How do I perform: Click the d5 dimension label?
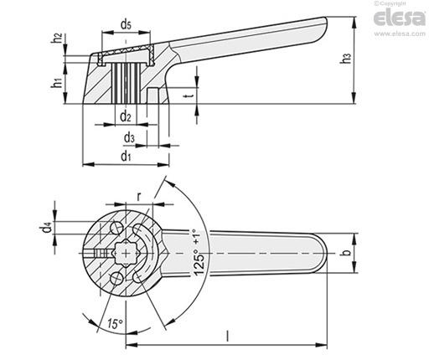click(x=126, y=24)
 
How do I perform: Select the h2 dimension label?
click(x=57, y=38)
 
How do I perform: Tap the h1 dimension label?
click(x=57, y=83)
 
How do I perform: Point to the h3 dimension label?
click(x=346, y=58)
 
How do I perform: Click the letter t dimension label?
click(x=189, y=96)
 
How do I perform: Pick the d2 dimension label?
click(x=126, y=116)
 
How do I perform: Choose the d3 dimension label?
click(x=129, y=137)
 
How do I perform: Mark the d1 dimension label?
click(x=126, y=156)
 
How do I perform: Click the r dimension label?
click(x=139, y=197)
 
